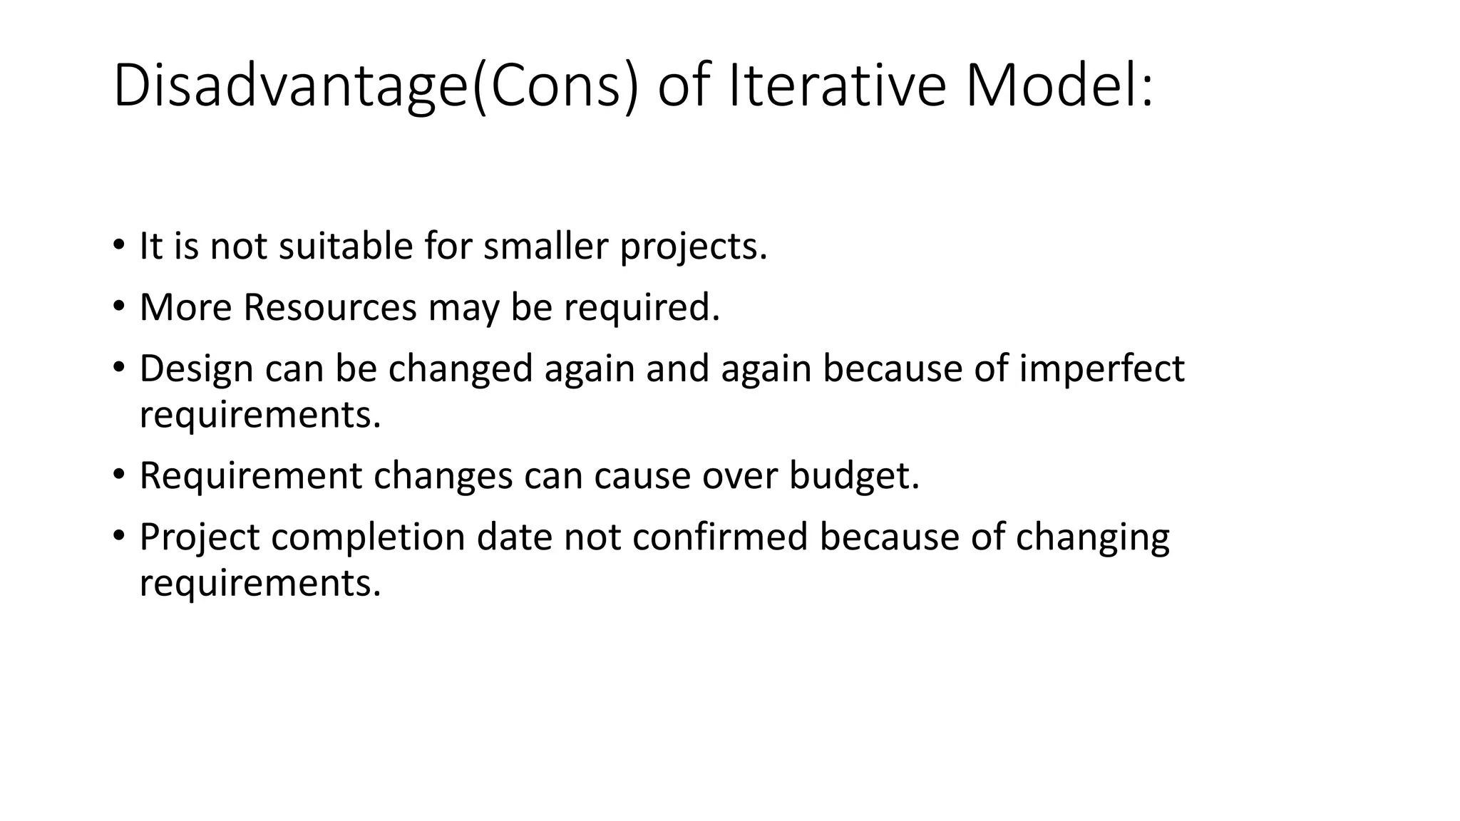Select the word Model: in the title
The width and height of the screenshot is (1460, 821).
point(1058,87)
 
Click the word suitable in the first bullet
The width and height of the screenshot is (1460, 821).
point(346,246)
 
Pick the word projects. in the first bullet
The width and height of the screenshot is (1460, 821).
point(693,247)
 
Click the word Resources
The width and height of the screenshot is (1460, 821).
point(329,307)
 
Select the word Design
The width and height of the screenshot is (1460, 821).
point(196,369)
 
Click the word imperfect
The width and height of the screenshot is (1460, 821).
point(1101,369)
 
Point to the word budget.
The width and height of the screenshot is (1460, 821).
point(854,476)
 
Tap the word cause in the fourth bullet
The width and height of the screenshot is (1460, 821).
point(642,476)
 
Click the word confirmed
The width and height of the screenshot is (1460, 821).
point(719,537)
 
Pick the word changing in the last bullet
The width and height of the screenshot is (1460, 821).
point(1092,538)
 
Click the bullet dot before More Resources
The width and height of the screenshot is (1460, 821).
point(118,307)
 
